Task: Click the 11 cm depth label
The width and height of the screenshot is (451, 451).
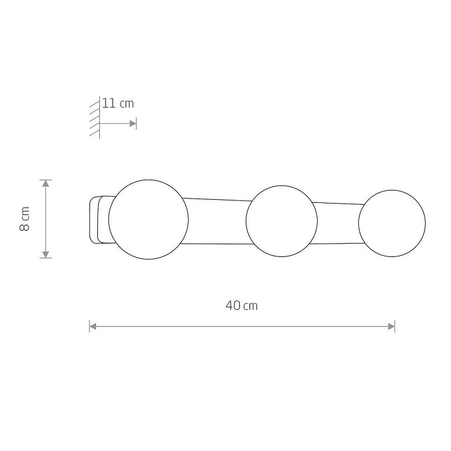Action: click(x=118, y=103)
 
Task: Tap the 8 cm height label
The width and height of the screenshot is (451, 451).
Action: click(x=24, y=218)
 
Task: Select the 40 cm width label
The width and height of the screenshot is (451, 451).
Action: click(x=242, y=305)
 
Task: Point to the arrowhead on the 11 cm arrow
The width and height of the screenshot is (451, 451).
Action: click(x=133, y=124)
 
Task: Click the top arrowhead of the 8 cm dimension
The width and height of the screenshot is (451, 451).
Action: click(x=46, y=183)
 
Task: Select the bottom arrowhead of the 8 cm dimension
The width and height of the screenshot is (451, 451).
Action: click(x=46, y=254)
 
